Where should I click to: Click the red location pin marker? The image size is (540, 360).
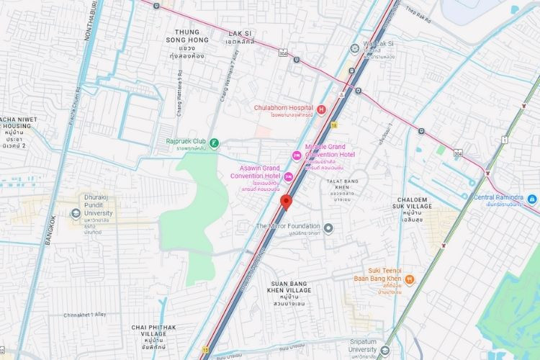(x=286, y=202)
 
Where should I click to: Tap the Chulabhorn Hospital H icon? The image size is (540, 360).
(x=321, y=109)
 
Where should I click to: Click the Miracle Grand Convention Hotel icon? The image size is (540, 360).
(x=295, y=156)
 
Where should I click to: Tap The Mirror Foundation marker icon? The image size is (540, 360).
(x=328, y=228)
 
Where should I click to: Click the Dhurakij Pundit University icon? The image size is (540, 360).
(x=76, y=213)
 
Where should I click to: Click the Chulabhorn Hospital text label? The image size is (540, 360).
(x=284, y=109)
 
